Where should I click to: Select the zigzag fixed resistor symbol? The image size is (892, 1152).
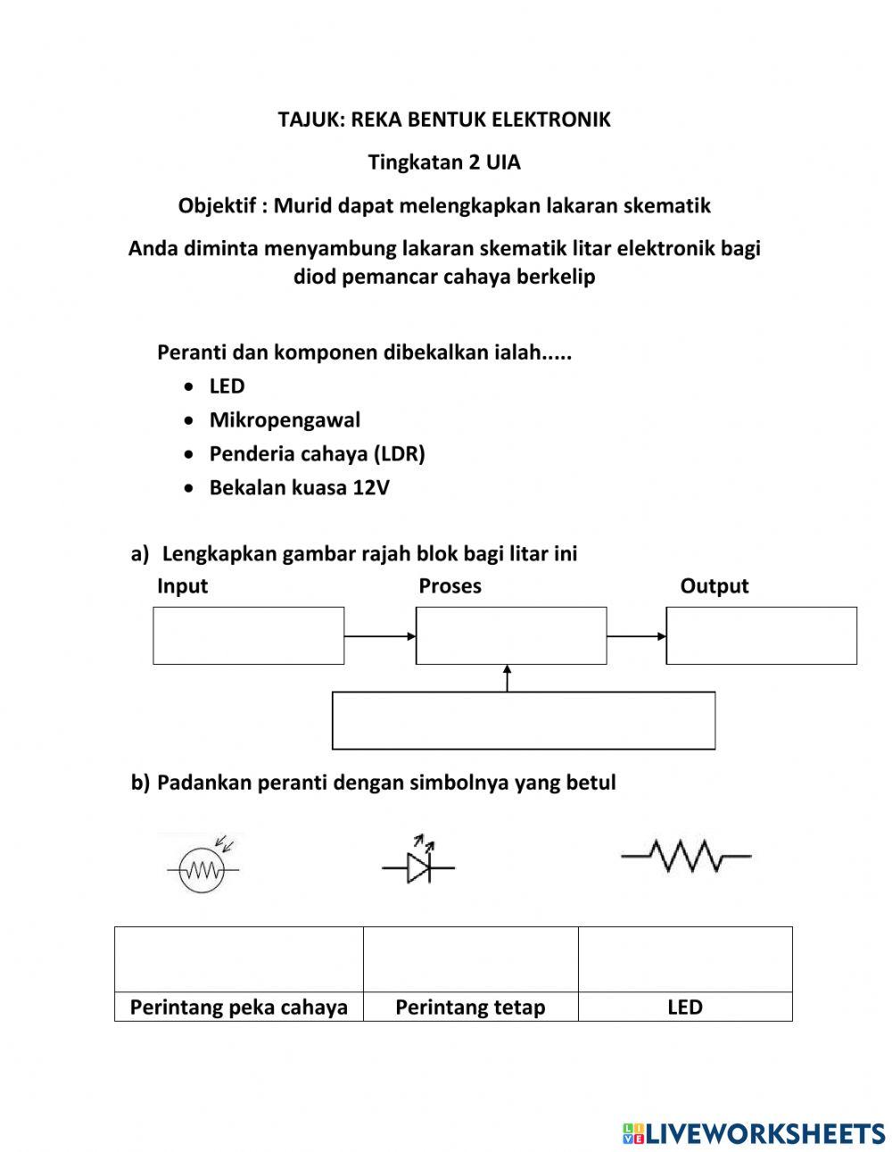[686, 857]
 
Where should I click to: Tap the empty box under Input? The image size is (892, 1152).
[248, 635]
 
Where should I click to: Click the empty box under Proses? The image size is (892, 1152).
[511, 635]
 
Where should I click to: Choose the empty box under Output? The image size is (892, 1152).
[761, 635]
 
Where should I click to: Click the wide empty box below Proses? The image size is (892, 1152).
[524, 720]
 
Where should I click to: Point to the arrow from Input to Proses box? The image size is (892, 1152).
[380, 636]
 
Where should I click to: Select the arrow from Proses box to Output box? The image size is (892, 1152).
[636, 636]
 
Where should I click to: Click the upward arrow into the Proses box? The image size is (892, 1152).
[508, 678]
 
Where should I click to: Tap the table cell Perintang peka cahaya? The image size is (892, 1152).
[239, 1007]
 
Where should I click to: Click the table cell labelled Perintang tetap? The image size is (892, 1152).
[470, 1007]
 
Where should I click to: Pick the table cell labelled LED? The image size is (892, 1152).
[685, 1007]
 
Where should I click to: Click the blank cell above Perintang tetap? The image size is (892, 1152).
[470, 959]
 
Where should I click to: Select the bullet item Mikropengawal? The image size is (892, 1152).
[285, 420]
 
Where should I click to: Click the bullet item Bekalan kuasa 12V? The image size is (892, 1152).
[299, 488]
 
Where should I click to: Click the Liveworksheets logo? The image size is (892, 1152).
[754, 1133]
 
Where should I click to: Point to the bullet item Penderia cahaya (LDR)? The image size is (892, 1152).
[317, 454]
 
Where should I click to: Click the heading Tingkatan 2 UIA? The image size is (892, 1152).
[444, 162]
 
